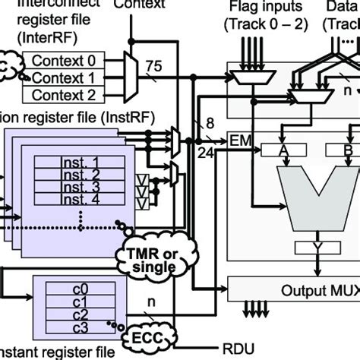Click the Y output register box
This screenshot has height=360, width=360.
point(313,248)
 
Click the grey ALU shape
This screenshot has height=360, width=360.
point(312,197)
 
